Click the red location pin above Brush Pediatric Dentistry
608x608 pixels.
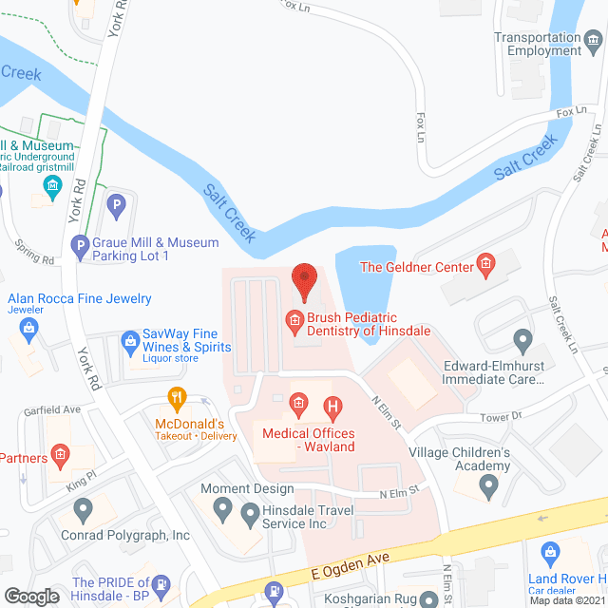click(304, 278)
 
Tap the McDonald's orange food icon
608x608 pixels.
click(175, 397)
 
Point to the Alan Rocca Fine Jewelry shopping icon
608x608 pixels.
click(28, 329)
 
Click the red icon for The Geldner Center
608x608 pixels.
click(484, 266)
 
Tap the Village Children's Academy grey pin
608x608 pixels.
click(488, 486)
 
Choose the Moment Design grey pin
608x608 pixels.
click(223, 510)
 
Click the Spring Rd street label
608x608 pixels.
click(34, 253)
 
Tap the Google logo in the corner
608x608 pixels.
click(30, 596)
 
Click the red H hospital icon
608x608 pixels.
click(332, 409)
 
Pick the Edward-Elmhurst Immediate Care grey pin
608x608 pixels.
click(522, 339)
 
